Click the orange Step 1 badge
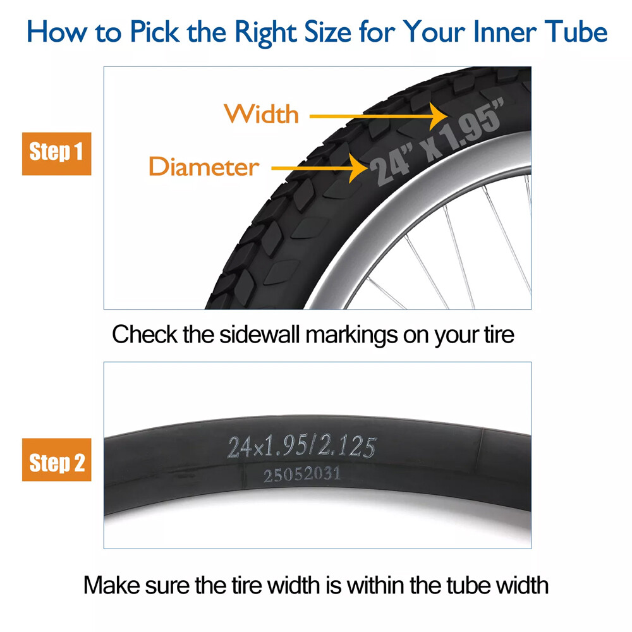pos(57,154)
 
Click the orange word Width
pos(262,114)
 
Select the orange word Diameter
pos(204,167)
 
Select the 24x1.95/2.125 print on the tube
pos(302,447)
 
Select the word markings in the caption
pos(350,335)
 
